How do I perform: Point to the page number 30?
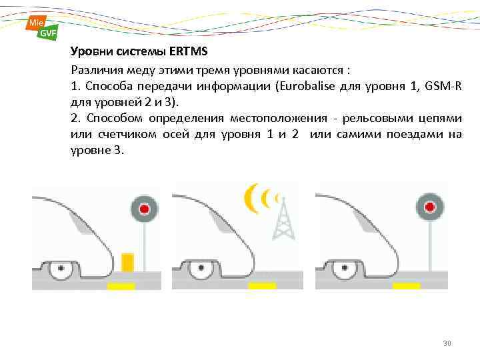point(447,343)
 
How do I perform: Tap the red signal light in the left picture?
point(143,209)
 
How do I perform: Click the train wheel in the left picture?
point(62,269)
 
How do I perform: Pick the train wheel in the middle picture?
point(201,269)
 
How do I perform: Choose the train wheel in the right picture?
point(345,269)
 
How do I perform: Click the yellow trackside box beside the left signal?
point(128,262)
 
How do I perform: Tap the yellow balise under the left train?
point(121,286)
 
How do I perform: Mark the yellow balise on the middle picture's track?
point(262,286)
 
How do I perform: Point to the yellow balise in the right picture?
point(406,286)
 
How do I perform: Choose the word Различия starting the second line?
point(95,70)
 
